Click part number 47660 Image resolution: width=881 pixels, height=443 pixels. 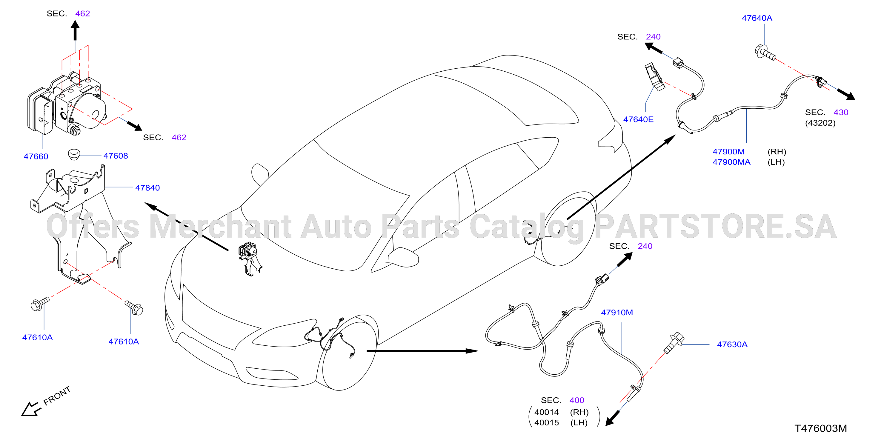(36, 156)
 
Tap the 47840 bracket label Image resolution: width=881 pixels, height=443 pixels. (147, 187)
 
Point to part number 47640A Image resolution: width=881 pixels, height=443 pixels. (757, 18)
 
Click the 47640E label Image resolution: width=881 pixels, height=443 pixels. (638, 119)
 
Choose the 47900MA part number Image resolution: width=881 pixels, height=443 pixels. (731, 162)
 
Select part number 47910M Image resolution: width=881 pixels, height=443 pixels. (617, 312)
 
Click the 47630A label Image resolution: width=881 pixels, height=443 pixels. (732, 344)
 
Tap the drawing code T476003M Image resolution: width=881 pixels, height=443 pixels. (820, 428)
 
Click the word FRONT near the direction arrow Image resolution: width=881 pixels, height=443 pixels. (57, 396)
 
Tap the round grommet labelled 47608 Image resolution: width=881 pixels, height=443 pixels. (74, 154)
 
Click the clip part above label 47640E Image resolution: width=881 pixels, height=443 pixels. (655, 77)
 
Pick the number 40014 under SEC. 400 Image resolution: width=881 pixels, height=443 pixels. (547, 412)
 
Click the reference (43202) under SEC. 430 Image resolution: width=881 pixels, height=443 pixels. (820, 122)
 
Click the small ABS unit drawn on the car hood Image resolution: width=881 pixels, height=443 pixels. (250, 259)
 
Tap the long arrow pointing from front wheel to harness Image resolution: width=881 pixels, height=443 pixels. (422, 351)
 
